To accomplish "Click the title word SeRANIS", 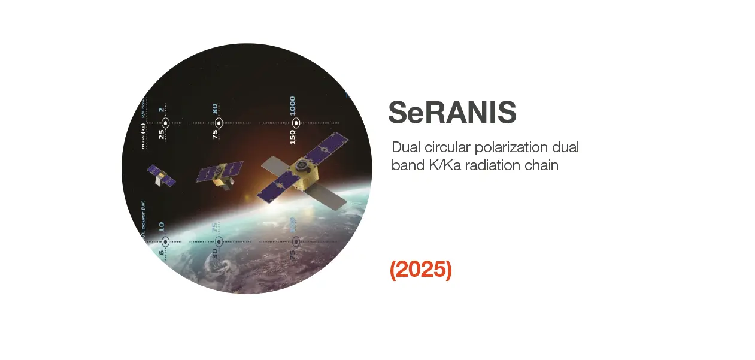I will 452,112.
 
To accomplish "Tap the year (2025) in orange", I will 421,270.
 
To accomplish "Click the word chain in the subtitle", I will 541,165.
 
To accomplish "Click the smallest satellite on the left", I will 161,175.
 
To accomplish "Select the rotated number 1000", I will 292,107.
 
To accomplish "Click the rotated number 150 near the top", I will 293,136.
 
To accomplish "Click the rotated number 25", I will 162,134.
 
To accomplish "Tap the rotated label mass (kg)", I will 144,137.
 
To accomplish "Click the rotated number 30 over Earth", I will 215,254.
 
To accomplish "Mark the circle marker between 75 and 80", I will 219,123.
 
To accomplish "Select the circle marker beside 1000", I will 293,123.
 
